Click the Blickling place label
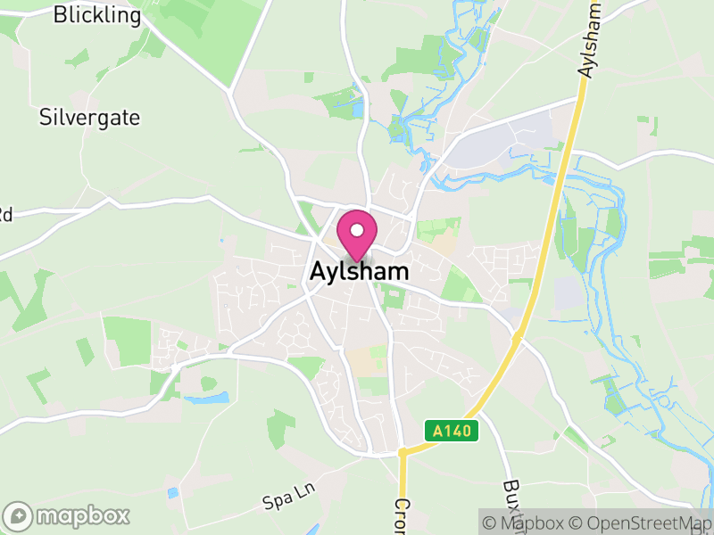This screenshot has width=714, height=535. [97, 15]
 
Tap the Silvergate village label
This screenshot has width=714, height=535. [89, 117]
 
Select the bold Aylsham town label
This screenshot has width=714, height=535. [360, 272]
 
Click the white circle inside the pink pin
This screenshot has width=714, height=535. [357, 230]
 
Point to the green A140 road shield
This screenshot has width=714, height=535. [452, 432]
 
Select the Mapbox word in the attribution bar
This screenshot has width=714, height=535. [531, 523]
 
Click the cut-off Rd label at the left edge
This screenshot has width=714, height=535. [5, 214]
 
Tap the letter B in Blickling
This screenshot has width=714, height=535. [60, 15]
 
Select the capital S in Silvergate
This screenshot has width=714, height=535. [45, 117]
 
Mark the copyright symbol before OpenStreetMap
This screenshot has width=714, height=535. [577, 523]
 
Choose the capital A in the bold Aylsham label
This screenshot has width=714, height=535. [318, 272]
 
